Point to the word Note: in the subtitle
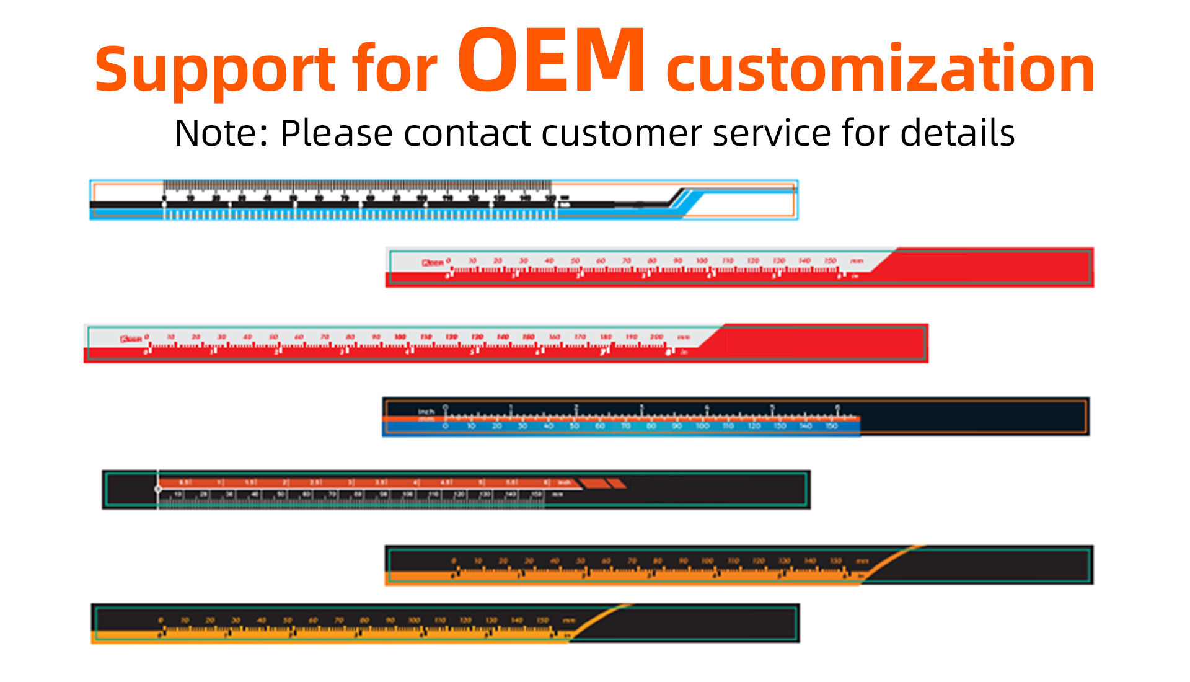click(x=221, y=133)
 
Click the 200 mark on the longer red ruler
click(x=656, y=337)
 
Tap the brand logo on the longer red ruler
click(x=131, y=339)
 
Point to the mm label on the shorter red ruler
click(x=856, y=261)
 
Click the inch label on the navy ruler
click(x=426, y=411)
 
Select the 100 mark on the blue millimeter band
click(x=702, y=426)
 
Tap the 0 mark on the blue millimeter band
click(x=445, y=426)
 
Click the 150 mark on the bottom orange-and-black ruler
click(x=542, y=620)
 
